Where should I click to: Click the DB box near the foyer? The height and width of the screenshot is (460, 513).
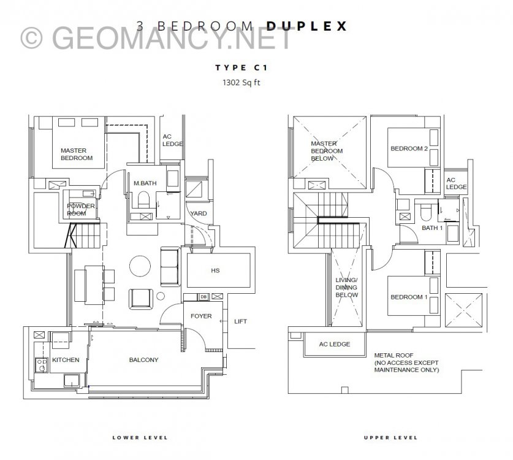203,297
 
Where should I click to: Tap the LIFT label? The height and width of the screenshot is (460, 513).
240,321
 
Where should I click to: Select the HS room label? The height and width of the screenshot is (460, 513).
215,270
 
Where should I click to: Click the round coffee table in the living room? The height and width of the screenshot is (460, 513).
140,266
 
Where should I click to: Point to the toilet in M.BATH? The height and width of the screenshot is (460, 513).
143,200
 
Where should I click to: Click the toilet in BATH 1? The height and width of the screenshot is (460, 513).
427,212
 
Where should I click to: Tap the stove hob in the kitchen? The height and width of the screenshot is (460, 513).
42,365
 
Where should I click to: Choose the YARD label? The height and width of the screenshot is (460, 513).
199,213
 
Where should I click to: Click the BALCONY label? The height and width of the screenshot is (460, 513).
143,360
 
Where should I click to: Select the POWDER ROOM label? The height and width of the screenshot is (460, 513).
81,210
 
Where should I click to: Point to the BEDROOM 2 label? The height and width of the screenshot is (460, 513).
409,148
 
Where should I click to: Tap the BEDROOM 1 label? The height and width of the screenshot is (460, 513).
409,297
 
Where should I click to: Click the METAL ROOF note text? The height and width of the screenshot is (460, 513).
406,362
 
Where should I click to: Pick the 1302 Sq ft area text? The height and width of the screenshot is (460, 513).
241,83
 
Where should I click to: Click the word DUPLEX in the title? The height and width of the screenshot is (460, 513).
306,26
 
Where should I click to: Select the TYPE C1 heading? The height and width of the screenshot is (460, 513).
241,67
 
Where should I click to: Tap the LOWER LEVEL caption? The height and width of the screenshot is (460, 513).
140,437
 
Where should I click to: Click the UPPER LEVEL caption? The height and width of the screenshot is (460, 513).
390,437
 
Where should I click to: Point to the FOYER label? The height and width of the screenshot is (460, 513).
201,316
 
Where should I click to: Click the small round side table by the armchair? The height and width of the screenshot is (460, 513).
161,296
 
